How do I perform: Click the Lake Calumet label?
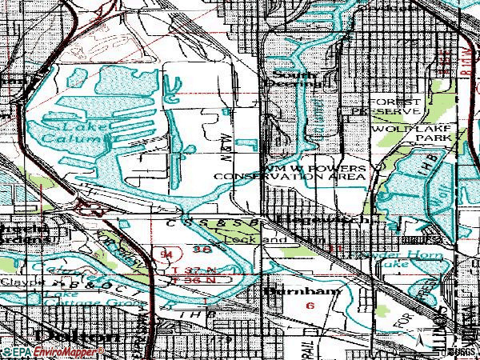(73, 132)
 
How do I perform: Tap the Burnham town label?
(293, 291)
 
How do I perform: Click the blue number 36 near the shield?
(202, 250)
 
